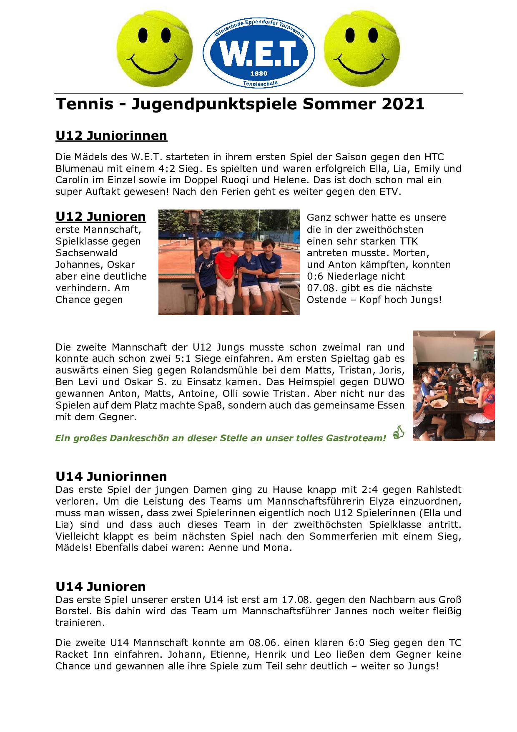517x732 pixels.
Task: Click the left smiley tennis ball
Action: pos(154,49)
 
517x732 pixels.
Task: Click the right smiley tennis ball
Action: pos(361,49)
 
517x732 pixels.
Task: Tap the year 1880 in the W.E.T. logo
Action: pos(258,73)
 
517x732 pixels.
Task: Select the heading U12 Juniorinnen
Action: pos(111,136)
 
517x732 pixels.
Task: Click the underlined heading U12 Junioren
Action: pos(100,217)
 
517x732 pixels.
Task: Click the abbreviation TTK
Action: pos(409,241)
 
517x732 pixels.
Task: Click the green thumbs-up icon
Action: pos(399,432)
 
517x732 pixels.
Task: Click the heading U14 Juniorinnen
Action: pos(111,477)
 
